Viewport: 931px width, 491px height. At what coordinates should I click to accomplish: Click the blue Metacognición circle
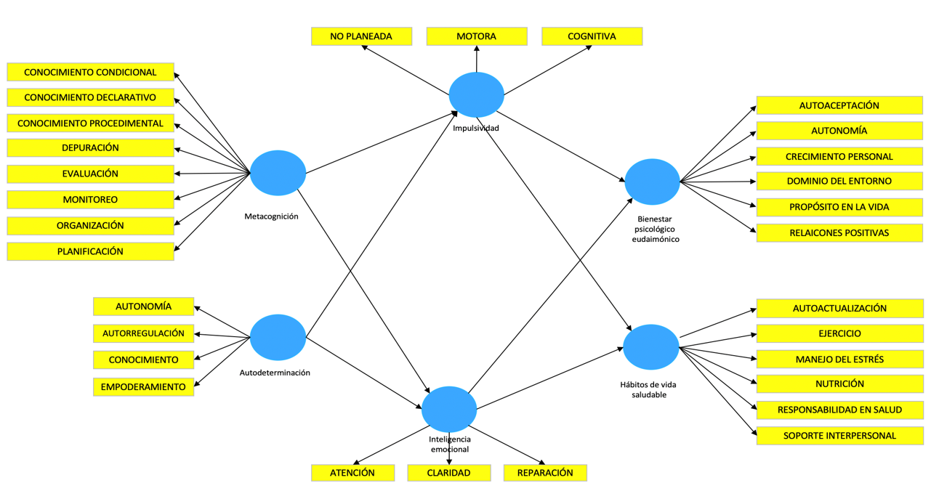(x=278, y=173)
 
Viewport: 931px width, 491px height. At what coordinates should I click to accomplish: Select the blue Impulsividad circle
(x=476, y=94)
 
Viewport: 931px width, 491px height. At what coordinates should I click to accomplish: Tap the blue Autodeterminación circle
(x=278, y=337)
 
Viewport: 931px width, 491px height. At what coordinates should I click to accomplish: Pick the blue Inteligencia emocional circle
(x=449, y=409)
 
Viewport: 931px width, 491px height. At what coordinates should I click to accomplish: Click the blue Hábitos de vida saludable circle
(x=651, y=347)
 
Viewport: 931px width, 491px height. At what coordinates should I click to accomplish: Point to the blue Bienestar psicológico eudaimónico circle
(x=652, y=182)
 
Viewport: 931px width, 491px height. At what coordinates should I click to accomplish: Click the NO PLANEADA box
(x=361, y=36)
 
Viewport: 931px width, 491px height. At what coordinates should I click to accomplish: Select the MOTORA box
(x=476, y=36)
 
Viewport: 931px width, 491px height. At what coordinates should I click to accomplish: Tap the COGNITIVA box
(x=592, y=36)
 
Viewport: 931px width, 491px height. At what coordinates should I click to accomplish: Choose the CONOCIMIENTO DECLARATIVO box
(x=90, y=97)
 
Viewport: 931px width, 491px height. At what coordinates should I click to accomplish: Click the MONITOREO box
(x=90, y=200)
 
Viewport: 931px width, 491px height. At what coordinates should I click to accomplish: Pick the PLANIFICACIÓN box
(x=90, y=251)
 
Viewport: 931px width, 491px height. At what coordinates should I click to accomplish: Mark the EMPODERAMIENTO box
(x=143, y=387)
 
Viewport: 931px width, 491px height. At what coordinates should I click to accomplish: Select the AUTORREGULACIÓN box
(x=143, y=333)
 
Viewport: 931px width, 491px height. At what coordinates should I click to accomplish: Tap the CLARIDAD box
(x=448, y=473)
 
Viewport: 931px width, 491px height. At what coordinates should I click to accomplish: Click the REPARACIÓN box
(x=545, y=473)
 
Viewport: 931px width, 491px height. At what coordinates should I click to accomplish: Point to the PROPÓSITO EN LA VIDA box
(x=839, y=207)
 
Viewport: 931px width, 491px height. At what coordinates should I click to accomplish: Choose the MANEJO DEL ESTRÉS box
(x=839, y=360)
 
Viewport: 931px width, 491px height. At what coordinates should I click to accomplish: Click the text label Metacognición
(x=271, y=216)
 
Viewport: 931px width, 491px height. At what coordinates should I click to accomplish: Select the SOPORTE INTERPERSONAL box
(x=839, y=436)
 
